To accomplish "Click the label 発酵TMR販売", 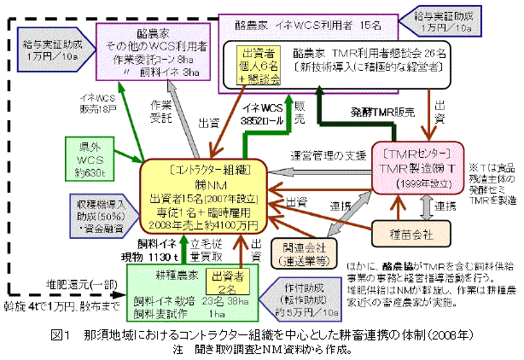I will [x=384, y=111].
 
